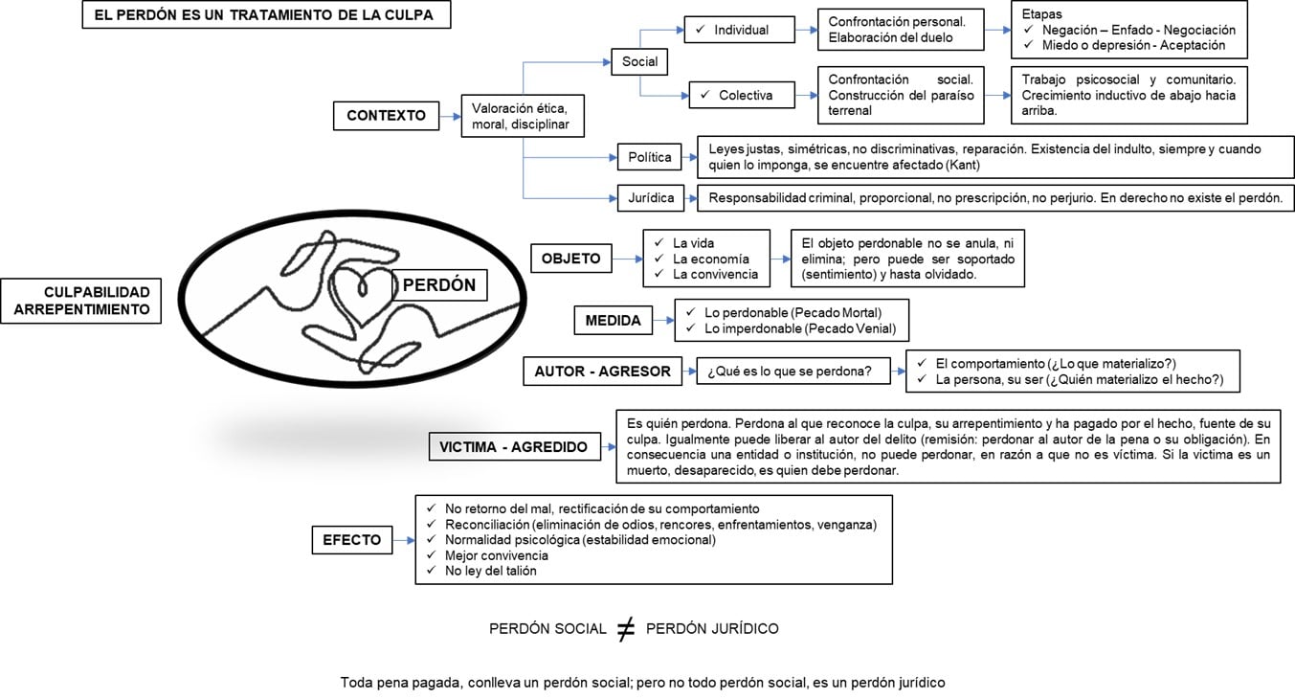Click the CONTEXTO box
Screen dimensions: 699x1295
click(x=386, y=115)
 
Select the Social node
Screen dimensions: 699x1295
click(x=639, y=61)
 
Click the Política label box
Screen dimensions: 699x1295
click(x=650, y=157)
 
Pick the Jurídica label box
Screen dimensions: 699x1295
click(x=651, y=198)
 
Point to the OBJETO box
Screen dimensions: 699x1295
click(x=570, y=259)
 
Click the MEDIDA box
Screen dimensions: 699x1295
click(x=613, y=321)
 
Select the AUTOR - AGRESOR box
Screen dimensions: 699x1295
click(x=603, y=372)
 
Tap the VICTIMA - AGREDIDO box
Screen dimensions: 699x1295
click(x=513, y=446)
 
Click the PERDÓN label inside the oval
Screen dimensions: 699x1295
click(x=438, y=285)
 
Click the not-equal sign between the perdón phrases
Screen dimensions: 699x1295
click(x=625, y=629)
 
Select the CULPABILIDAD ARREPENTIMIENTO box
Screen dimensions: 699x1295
click(x=80, y=300)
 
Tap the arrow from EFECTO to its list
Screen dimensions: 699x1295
click(x=403, y=540)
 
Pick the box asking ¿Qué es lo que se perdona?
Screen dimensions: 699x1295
click(x=789, y=372)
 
